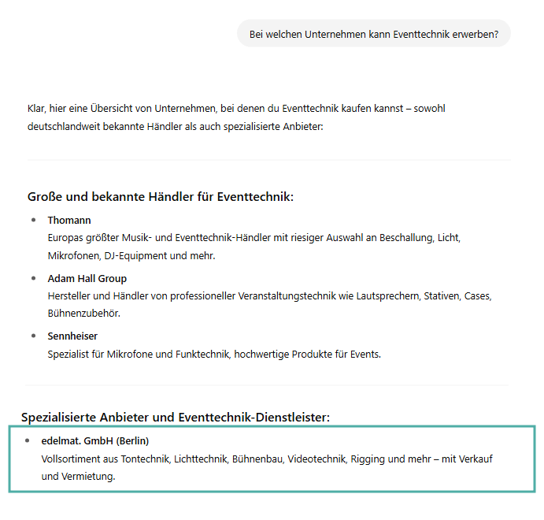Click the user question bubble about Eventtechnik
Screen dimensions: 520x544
[374, 34]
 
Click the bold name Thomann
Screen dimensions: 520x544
[69, 220]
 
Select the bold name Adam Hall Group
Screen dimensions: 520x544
[87, 278]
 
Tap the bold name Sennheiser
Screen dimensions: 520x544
[72, 336]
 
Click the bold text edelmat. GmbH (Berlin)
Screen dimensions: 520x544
[95, 440]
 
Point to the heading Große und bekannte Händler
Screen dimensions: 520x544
[161, 196]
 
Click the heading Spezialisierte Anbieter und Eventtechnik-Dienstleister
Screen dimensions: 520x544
[176, 417]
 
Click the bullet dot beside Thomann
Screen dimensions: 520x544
[34, 220]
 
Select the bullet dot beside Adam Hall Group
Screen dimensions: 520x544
[34, 278]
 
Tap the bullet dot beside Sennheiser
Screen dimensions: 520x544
[34, 336]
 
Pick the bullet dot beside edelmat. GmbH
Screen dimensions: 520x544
[28, 440]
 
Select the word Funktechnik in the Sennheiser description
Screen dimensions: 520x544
[201, 355]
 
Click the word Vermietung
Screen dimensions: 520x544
[91, 476]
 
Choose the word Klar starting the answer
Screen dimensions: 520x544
[36, 108]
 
